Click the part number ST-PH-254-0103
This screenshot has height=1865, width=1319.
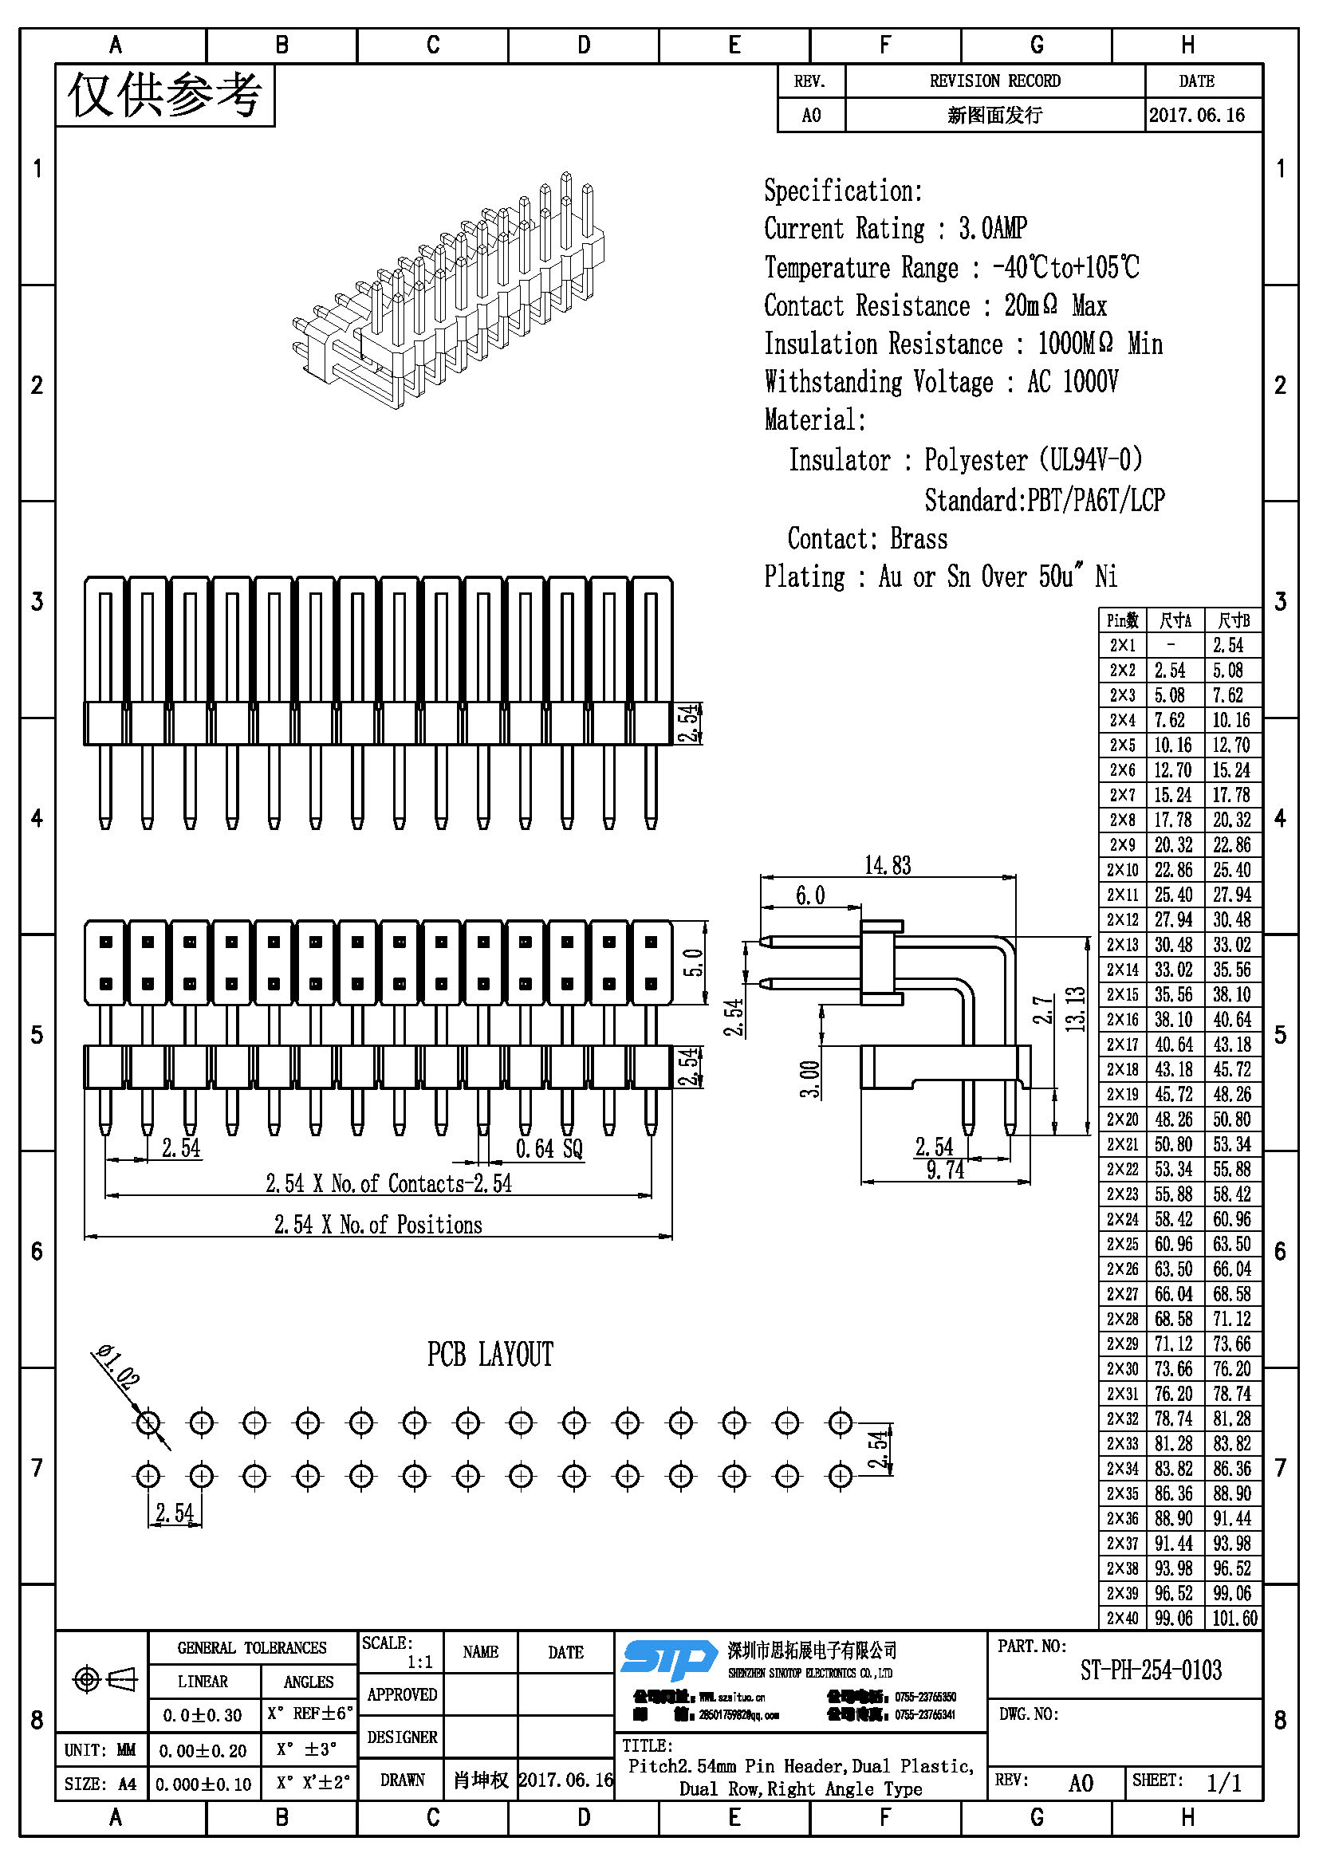click(1150, 1670)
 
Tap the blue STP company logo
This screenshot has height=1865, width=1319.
click(668, 1658)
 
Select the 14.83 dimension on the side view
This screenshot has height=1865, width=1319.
click(887, 865)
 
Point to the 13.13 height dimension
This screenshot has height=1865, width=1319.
click(1075, 1009)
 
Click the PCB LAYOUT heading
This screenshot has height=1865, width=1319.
click(490, 1354)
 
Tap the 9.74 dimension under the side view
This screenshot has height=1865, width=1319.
click(946, 1170)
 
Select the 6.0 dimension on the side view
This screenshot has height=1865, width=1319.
click(809, 895)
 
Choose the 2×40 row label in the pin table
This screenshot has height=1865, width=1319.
click(1123, 1618)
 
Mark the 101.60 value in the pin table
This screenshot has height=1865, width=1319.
click(1234, 1618)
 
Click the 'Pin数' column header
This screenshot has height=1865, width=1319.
click(1123, 620)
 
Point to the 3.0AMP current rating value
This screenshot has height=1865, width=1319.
click(993, 228)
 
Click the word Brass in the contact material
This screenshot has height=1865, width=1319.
click(919, 538)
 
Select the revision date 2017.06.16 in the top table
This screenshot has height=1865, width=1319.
click(1196, 116)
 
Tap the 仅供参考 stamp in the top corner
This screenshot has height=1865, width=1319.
click(165, 95)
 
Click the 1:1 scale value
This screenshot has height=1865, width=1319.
click(419, 1662)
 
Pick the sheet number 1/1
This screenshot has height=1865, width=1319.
click(1223, 1783)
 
